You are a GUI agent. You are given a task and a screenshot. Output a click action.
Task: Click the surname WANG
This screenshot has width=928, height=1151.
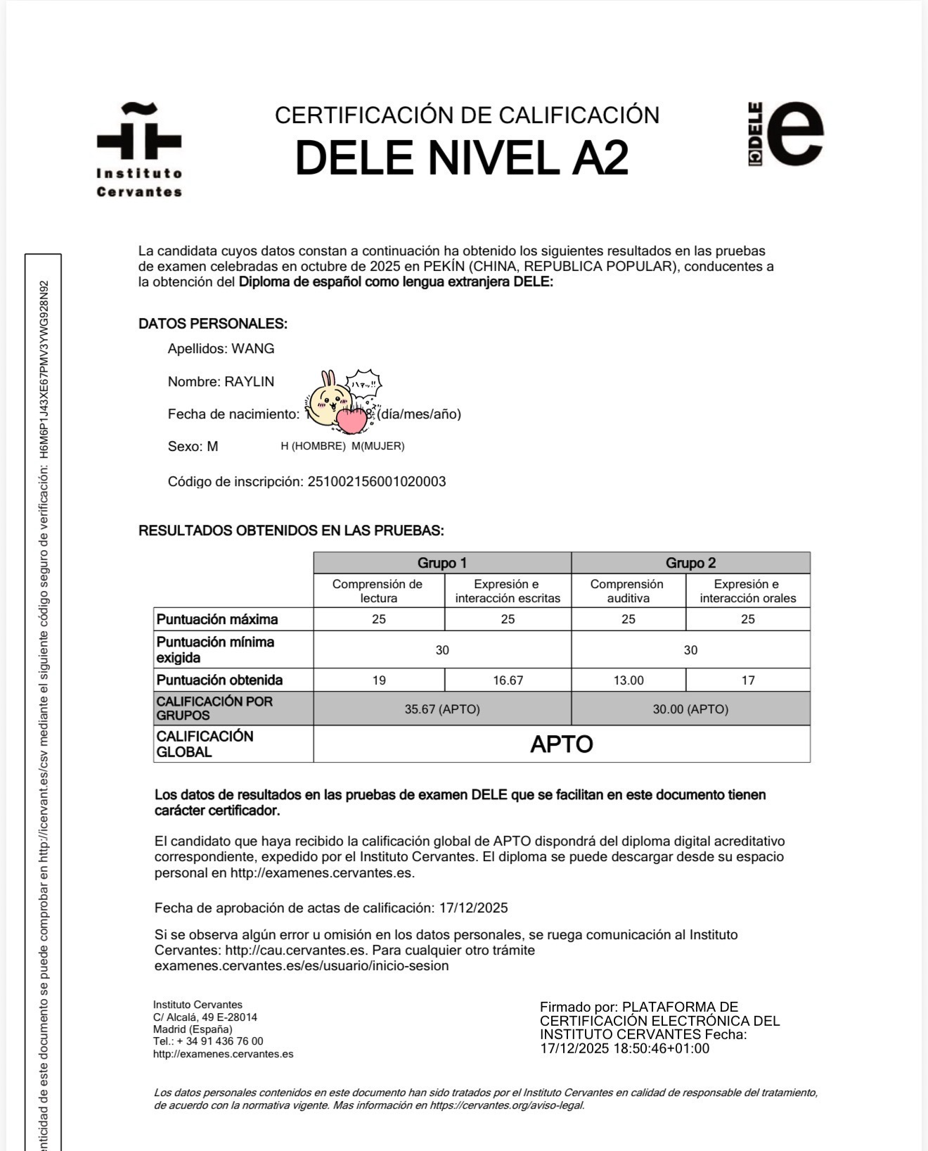pos(253,348)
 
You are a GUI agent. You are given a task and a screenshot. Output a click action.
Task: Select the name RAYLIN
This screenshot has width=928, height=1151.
pos(249,381)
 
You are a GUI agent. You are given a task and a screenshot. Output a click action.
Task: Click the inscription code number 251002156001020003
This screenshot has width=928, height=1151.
pos(377,482)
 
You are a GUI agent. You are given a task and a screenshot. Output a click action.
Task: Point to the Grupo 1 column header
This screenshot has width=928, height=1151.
pos(442,563)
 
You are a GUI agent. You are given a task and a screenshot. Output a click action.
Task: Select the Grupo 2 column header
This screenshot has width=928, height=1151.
pos(690,563)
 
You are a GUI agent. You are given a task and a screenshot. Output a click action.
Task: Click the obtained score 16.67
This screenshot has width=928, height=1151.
pos(508,680)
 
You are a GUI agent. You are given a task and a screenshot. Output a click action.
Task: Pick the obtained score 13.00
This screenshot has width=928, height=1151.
pos(628,680)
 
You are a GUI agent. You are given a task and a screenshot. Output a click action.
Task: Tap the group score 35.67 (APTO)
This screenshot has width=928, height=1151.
pos(442,709)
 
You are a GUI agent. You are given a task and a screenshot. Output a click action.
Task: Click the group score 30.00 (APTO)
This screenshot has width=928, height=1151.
pos(690,709)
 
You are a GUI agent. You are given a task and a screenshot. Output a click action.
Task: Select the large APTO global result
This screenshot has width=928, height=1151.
pos(561,744)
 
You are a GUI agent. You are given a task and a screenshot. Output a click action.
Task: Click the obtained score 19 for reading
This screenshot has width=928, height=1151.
pos(379,680)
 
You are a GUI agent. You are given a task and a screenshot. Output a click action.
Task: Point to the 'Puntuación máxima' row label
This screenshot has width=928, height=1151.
pos(217,619)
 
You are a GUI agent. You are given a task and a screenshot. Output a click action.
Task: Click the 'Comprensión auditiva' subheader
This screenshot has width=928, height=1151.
pos(627,591)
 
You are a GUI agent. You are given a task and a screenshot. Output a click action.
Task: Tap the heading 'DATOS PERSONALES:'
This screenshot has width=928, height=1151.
pos(213,324)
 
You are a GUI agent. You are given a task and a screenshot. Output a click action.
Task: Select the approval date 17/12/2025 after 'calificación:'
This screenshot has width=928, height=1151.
pos(473,908)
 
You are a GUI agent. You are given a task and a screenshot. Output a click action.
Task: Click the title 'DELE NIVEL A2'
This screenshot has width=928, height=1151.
pos(461,158)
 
